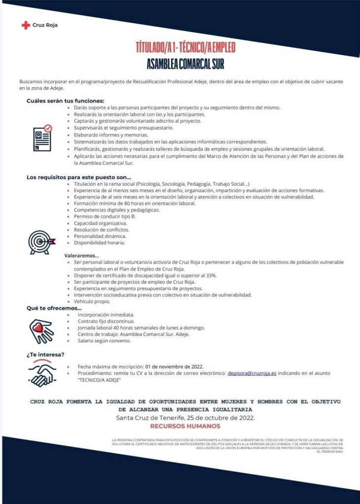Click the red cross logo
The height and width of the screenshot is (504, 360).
tap(26, 25)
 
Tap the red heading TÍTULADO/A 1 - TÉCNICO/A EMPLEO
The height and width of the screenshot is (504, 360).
tap(186, 48)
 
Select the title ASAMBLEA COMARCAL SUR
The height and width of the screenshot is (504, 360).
tap(186, 64)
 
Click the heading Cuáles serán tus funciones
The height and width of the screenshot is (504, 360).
tap(65, 101)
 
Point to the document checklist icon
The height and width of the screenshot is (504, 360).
tap(41, 138)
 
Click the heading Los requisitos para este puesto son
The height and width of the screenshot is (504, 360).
tap(79, 177)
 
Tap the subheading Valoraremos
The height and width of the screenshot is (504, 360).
tap(82, 256)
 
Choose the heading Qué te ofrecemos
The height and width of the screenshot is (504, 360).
tap(54, 308)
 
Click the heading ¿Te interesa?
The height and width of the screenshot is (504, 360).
tap(45, 354)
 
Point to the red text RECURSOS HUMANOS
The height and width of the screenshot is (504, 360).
tap(185, 426)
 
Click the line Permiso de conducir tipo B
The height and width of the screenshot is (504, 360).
tap(104, 216)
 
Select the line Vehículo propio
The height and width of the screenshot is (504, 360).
tap(92, 301)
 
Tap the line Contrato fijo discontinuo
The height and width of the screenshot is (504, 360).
tap(106, 321)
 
